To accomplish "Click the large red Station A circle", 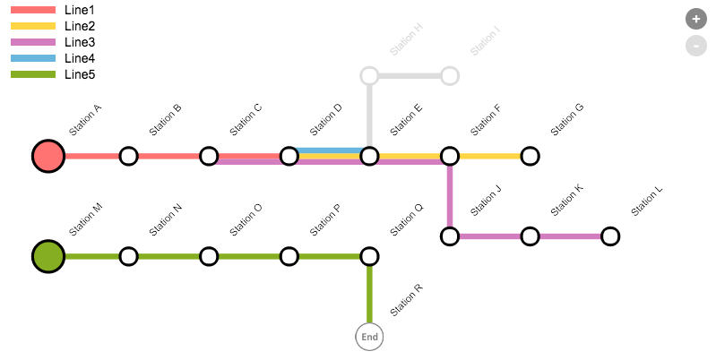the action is [x=48, y=156].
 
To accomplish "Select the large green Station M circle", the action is [x=48, y=256].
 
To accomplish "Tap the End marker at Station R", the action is [x=369, y=337].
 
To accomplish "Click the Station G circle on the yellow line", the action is [x=530, y=156].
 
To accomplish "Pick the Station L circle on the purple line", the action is [x=610, y=236].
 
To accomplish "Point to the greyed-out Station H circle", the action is [x=369, y=75].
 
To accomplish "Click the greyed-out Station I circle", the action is [x=450, y=75].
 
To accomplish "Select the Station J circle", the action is [x=450, y=236].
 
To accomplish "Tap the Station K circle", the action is [x=530, y=236].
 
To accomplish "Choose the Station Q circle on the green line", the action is [x=369, y=256].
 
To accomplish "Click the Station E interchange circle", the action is [x=369, y=156].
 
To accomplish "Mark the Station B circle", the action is [x=128, y=156].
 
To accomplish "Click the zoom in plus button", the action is [x=696, y=18].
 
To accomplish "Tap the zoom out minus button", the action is [x=696, y=45].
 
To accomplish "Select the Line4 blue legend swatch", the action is [x=33, y=58].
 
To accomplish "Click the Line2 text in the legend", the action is [x=79, y=26].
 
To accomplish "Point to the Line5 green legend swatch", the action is [x=33, y=74].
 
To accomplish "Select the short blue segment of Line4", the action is [x=329, y=150].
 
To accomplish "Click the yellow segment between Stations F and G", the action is [x=490, y=156].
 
